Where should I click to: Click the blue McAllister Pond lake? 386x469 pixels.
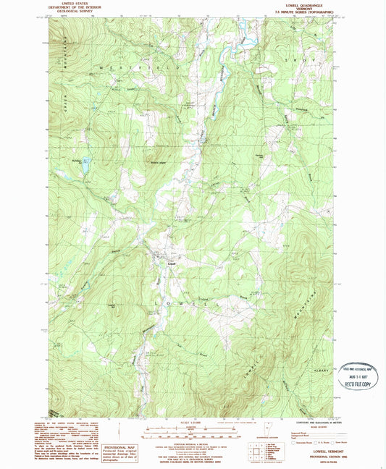(85, 166)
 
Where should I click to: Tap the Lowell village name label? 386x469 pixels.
(172, 262)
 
